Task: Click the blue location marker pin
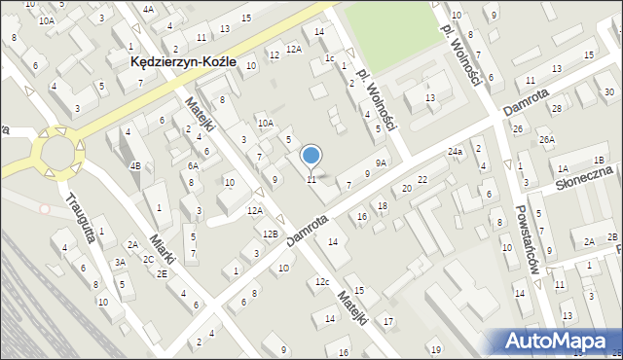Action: tap(311, 156)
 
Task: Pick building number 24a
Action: tap(455, 153)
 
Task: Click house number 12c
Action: tap(321, 282)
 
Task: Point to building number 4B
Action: tap(136, 165)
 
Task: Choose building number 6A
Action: tap(193, 166)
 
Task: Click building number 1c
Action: tap(330, 58)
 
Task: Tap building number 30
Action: tap(608, 92)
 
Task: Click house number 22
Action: tap(421, 180)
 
